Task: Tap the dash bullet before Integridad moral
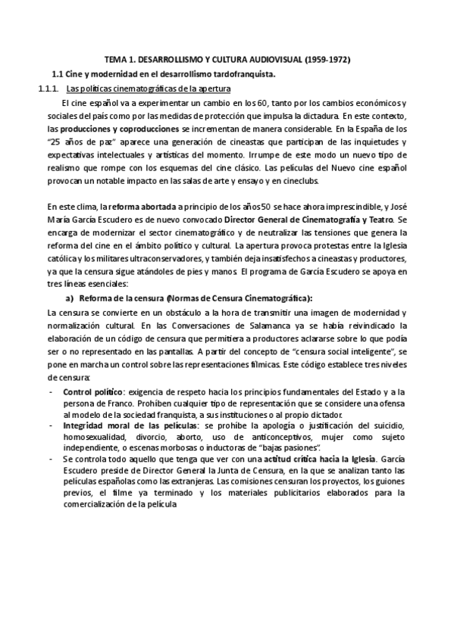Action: pyautogui.click(x=51, y=430)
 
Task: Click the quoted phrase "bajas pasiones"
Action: pyautogui.click(x=286, y=457)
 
